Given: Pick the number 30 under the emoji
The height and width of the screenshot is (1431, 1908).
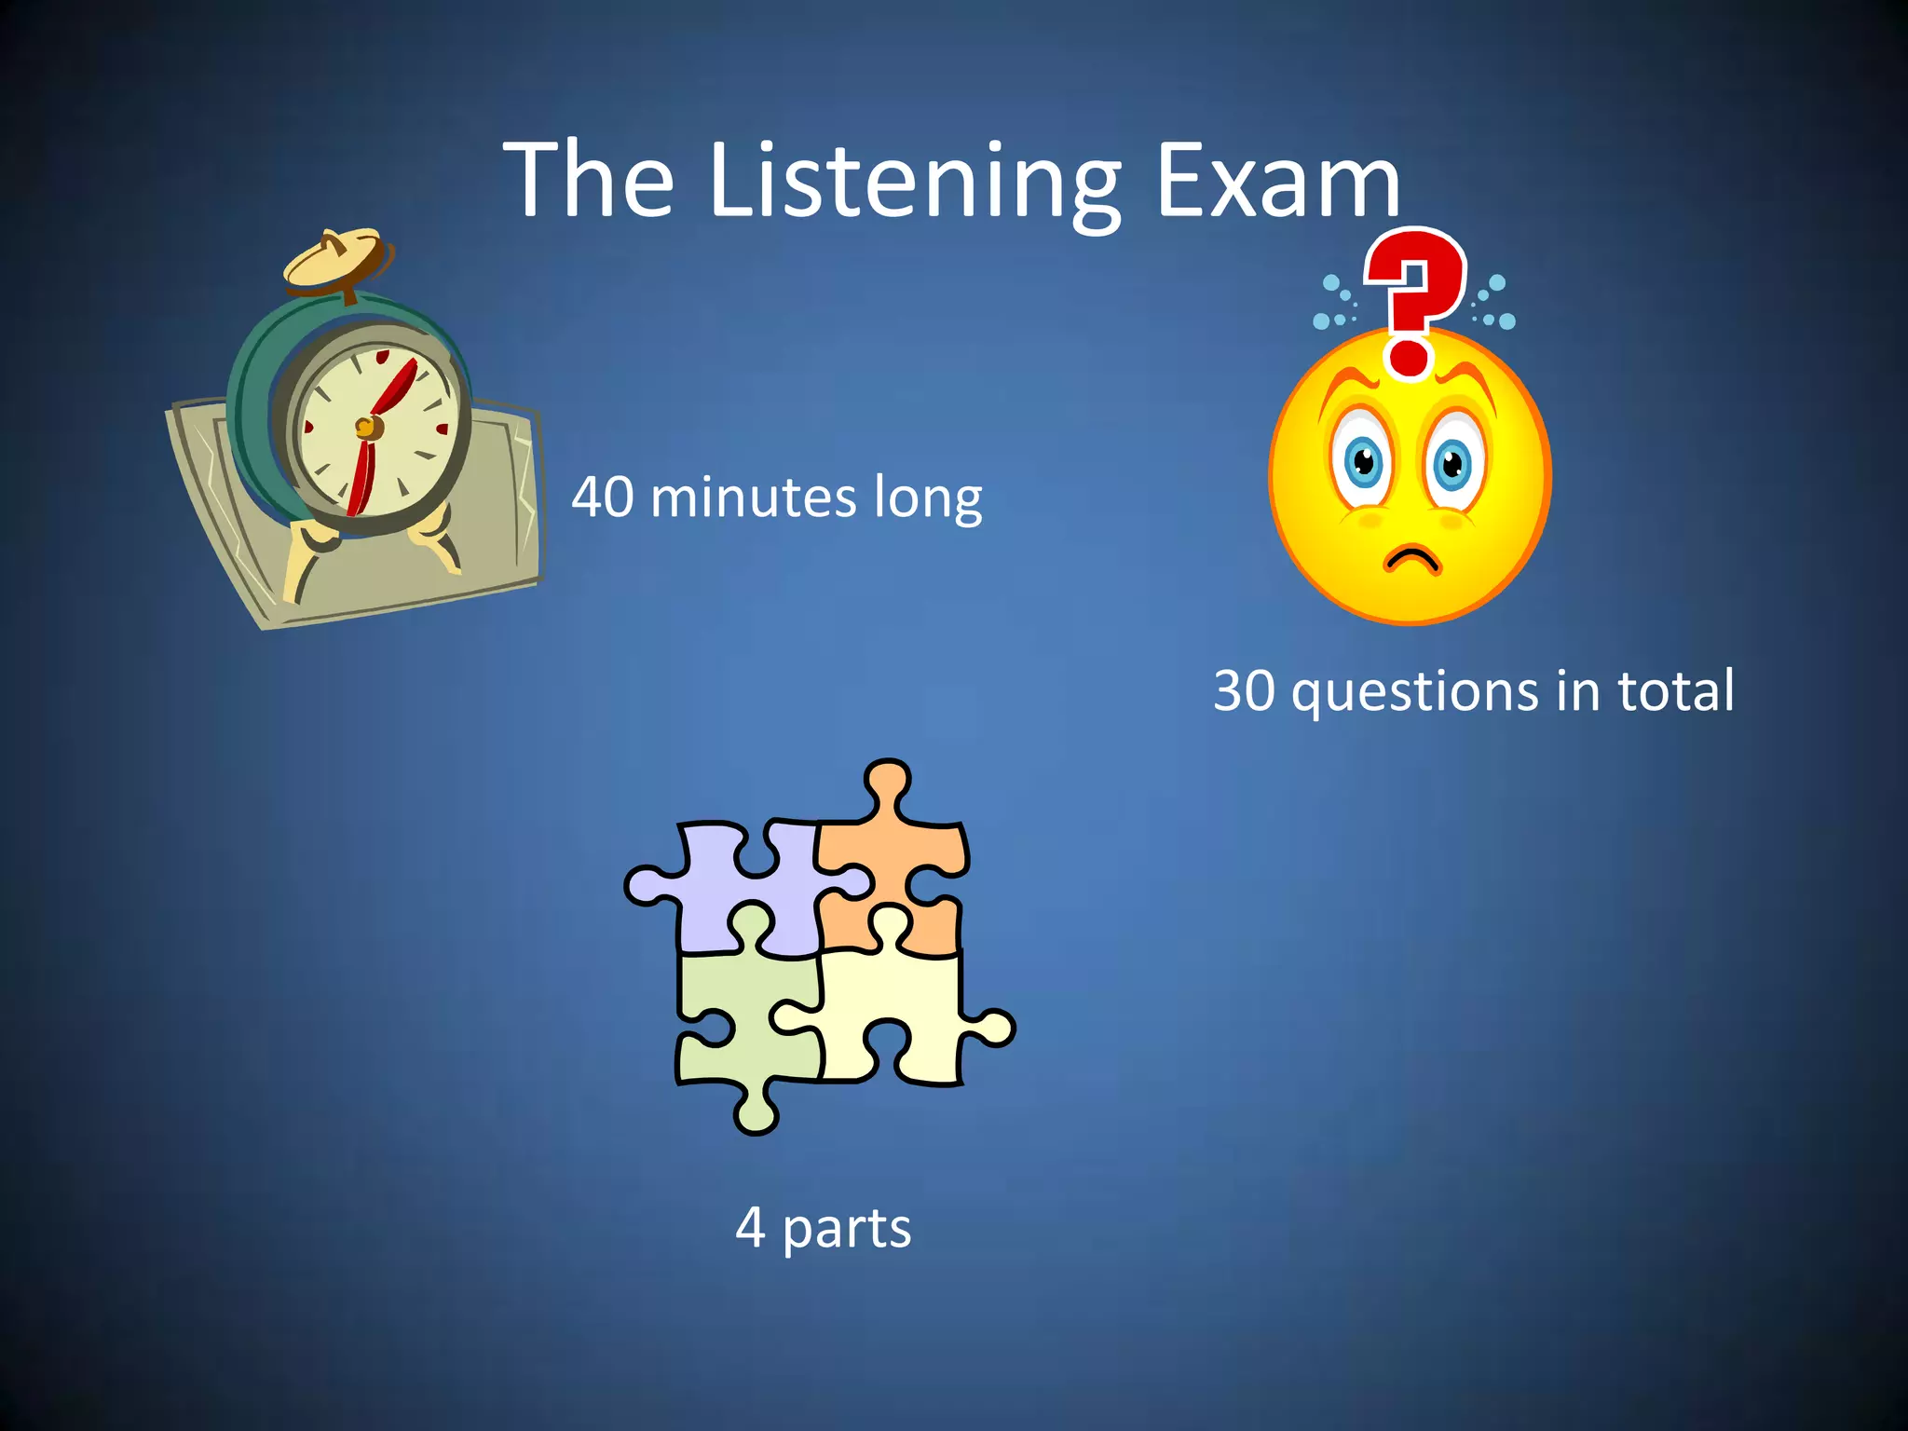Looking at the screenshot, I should tap(1244, 690).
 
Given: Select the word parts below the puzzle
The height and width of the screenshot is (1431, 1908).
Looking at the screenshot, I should tap(846, 1229).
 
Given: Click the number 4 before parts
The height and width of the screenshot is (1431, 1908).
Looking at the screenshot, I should tap(750, 1227).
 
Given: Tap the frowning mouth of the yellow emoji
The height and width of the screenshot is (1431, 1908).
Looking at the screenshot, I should tap(1411, 559).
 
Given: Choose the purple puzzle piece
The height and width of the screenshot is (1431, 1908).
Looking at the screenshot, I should tap(736, 885).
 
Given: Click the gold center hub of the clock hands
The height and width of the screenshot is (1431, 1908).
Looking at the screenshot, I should tap(366, 428).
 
